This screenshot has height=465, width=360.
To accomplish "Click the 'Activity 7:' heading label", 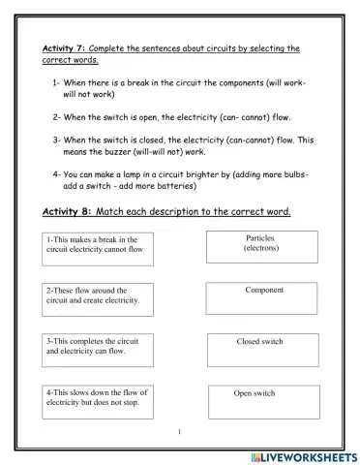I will coord(64,47).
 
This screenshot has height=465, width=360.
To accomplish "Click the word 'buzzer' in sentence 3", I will coord(119,151).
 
